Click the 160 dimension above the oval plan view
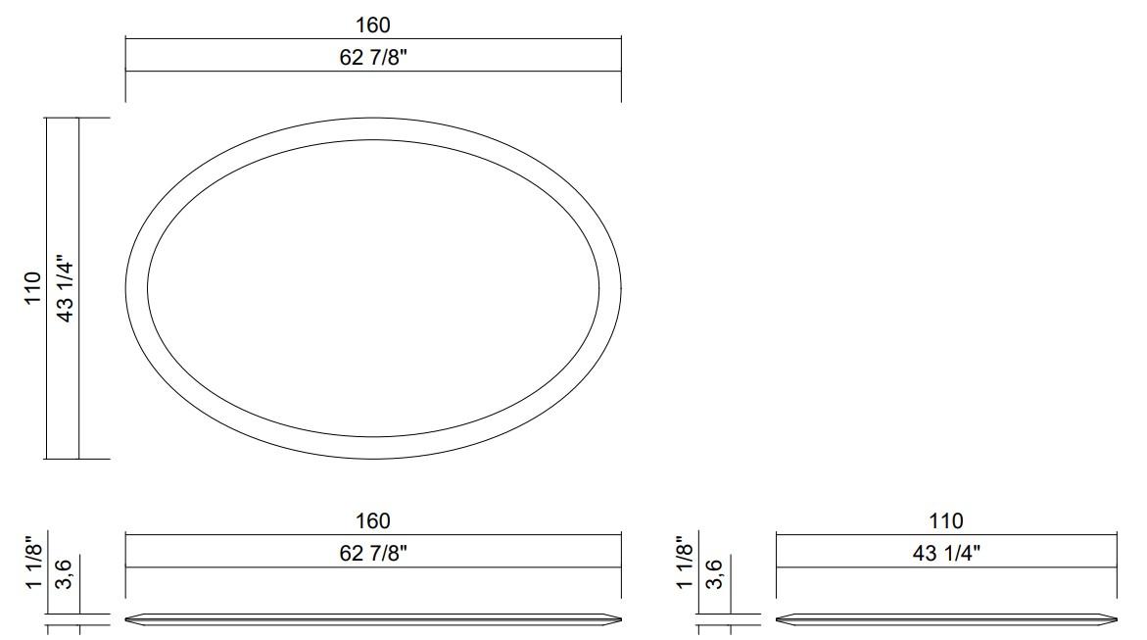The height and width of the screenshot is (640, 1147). [373, 25]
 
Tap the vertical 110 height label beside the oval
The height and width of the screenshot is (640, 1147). [34, 287]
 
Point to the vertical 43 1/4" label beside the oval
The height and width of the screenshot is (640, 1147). [67, 287]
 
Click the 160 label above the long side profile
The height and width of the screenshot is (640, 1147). [373, 520]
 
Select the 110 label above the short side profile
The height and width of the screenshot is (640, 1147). [946, 520]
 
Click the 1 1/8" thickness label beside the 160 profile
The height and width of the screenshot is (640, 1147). [34, 563]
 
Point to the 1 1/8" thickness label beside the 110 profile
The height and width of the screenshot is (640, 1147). [685, 563]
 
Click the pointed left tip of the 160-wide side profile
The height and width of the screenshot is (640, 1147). [127, 619]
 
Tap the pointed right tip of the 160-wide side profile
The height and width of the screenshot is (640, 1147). [620, 619]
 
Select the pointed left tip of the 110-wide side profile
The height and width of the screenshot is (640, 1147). [777, 619]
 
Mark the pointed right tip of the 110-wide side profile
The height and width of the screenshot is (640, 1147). [1116, 619]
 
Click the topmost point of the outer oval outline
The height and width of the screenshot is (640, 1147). [373, 119]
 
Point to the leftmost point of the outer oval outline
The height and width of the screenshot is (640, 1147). [126, 288]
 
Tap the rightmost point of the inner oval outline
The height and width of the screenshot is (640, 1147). [599, 288]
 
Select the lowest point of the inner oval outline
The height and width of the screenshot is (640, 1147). [373, 437]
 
